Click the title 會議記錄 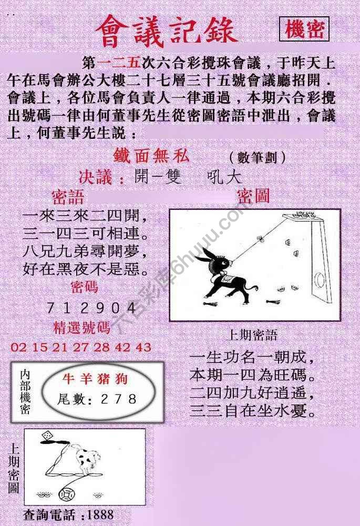pos(166,30)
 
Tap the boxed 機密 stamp pos(304,30)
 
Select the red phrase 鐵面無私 pos(151,156)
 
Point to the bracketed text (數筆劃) pos(258,157)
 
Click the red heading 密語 pos(68,197)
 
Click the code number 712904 pos(85,308)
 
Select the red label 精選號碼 pos(82,328)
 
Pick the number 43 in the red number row pos(143,347)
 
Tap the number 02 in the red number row pos(18,347)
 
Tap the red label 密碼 pos(84,287)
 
